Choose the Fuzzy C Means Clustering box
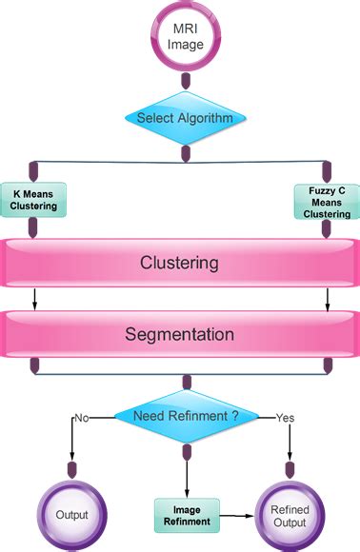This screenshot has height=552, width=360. pyautogui.click(x=328, y=202)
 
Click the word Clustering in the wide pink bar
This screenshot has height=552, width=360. pyautogui.click(x=180, y=262)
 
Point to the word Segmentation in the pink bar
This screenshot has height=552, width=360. pyautogui.click(x=180, y=334)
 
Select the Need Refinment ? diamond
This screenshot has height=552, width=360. pyautogui.click(x=186, y=415)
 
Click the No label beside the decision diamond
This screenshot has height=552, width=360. pyautogui.click(x=82, y=416)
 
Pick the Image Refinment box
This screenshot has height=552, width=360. pyautogui.click(x=187, y=515)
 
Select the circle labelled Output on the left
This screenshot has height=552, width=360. pyautogui.click(x=71, y=515)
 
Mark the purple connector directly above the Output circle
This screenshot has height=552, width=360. pyautogui.click(x=71, y=469)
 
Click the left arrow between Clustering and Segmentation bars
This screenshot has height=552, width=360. pyautogui.click(x=33, y=300)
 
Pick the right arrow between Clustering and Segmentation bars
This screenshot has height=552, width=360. pyautogui.click(x=328, y=300)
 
